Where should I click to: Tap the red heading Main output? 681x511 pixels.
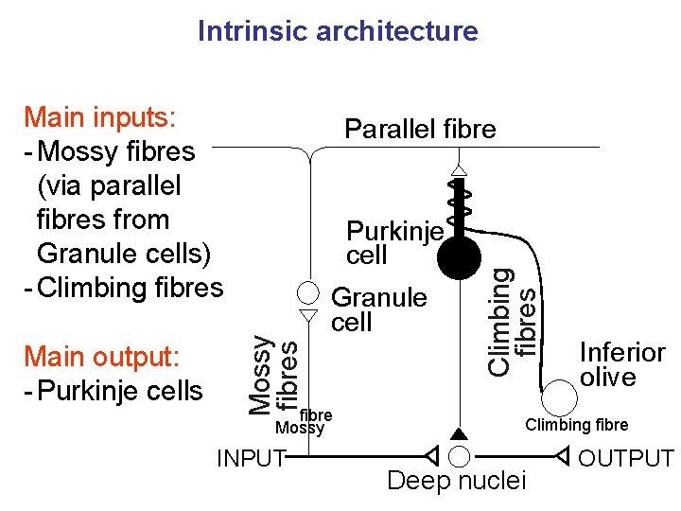click(102, 357)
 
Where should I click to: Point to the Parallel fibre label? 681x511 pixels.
click(420, 130)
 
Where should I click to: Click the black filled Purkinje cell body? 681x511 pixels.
click(460, 256)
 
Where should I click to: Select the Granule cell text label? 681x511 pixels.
click(379, 309)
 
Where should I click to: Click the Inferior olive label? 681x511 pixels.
click(621, 364)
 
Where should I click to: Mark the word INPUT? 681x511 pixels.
click(251, 459)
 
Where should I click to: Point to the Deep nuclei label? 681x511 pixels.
click(457, 481)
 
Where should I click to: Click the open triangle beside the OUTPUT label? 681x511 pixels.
click(562, 457)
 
